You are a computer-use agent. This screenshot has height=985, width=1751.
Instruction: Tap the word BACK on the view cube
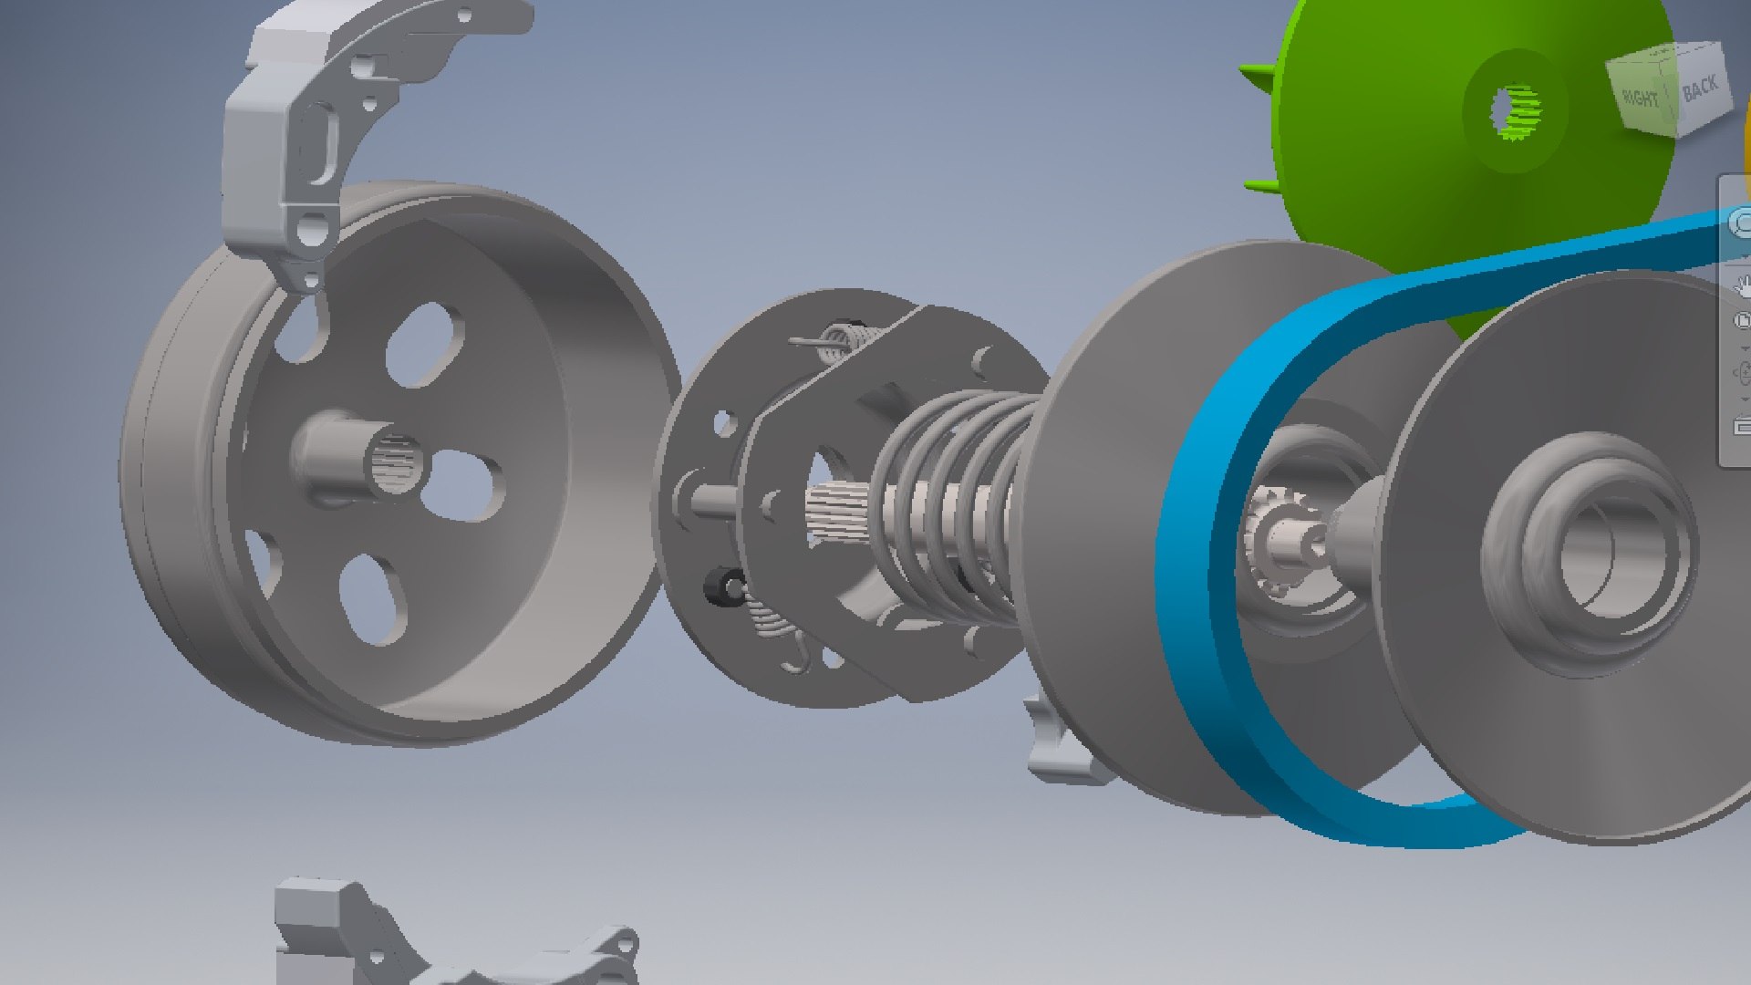[x=1699, y=88]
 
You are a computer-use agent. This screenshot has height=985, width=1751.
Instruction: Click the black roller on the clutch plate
[x=725, y=586]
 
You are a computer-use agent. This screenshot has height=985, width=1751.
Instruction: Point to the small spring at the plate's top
[x=837, y=341]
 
